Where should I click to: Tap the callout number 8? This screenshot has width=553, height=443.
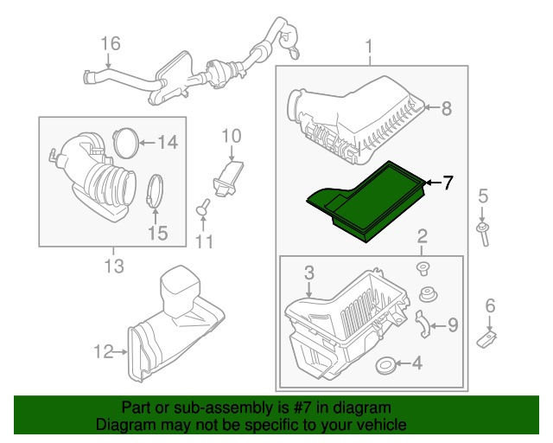[446, 109]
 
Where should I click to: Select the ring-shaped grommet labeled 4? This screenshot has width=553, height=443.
[389, 364]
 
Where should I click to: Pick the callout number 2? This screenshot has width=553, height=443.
[422, 236]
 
